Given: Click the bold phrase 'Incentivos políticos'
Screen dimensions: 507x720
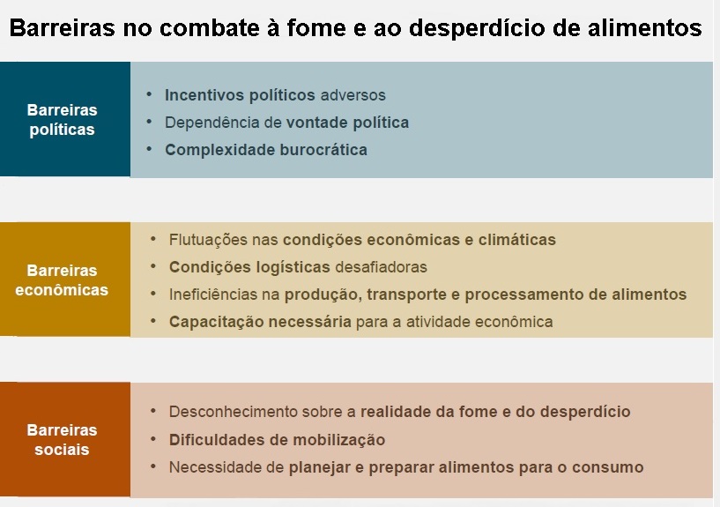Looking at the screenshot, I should point(240,94).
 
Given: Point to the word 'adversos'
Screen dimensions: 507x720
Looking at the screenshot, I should point(353,94).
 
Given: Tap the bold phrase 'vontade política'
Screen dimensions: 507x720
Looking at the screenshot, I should point(347,122).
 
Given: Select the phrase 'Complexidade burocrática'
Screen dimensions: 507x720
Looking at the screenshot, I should point(265,149).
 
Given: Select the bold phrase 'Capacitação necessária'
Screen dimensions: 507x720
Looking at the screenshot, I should point(260,321).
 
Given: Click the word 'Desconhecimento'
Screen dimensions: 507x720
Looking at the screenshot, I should point(230,412).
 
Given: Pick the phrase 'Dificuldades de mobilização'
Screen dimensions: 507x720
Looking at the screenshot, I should point(277,439).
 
